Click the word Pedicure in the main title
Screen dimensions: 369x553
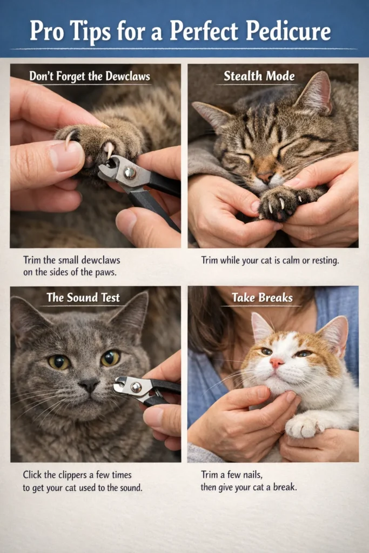point(288,31)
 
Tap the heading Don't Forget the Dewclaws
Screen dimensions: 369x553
point(90,77)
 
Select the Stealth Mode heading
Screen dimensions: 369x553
point(259,76)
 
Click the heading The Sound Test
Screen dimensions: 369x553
point(83,298)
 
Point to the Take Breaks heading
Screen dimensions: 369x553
point(262,298)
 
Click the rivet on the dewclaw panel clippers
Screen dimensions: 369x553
point(130,172)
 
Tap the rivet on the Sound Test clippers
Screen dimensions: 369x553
point(136,387)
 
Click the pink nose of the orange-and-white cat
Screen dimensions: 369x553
point(276,362)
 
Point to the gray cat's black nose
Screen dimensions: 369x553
point(89,386)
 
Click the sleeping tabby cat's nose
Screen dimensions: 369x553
point(266,177)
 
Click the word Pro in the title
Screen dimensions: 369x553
point(46,31)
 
